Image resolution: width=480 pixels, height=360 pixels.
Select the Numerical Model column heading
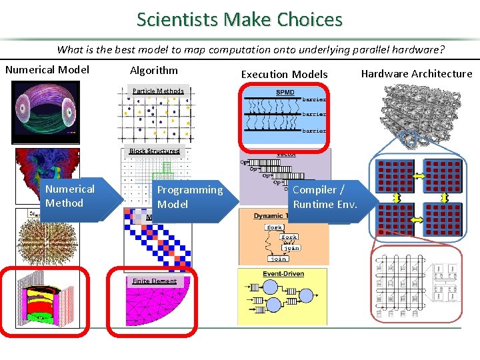coord(47,70)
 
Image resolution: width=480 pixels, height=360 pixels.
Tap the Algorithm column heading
coord(154,70)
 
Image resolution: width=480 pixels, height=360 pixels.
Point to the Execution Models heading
coord(284,74)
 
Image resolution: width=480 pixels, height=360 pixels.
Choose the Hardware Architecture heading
coord(416,73)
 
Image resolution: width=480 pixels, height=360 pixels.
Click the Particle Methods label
coord(158,91)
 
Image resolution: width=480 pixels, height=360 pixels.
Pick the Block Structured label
coord(155,151)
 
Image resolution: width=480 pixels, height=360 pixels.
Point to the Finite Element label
coord(154,281)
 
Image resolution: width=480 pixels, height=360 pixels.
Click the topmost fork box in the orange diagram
coord(273,227)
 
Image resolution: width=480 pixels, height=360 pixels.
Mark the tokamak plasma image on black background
coord(46,112)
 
